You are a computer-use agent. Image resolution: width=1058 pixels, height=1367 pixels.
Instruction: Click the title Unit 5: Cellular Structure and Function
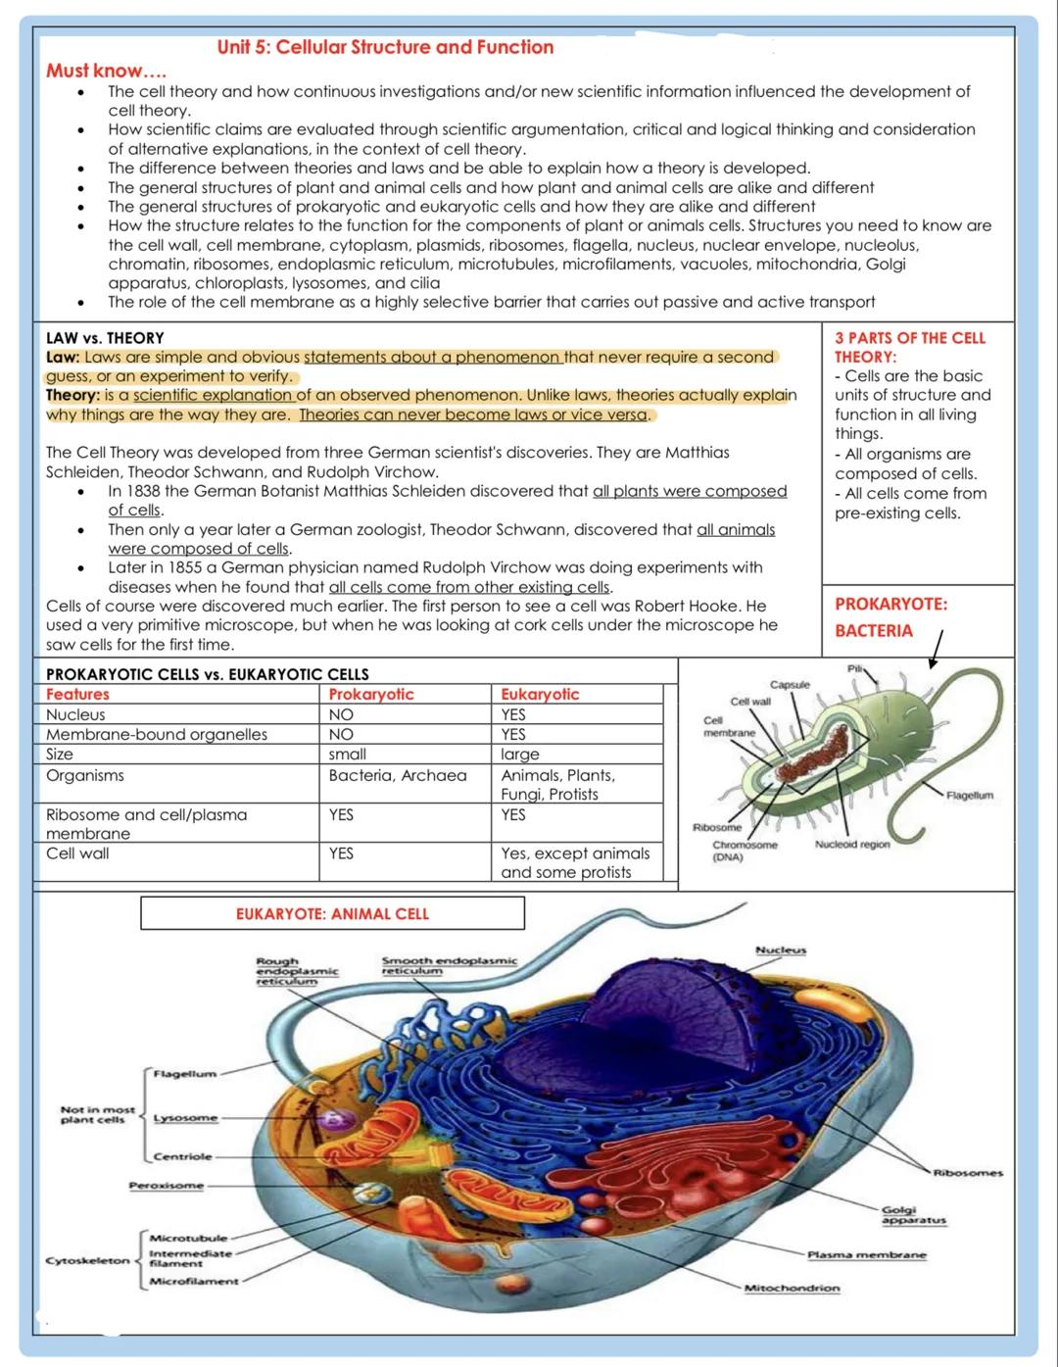pyautogui.click(x=385, y=47)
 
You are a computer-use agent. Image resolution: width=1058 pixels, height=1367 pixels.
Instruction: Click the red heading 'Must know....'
pyautogui.click(x=106, y=71)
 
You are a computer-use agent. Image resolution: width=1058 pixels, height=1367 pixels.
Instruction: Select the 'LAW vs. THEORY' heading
pyautogui.click(x=105, y=337)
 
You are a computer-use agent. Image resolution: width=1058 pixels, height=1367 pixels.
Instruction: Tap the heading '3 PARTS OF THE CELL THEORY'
pyautogui.click(x=909, y=347)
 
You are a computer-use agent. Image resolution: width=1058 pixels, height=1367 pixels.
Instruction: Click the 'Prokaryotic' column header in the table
pyautogui.click(x=371, y=694)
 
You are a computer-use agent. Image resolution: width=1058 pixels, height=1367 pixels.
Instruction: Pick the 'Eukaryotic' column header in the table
pyautogui.click(x=540, y=694)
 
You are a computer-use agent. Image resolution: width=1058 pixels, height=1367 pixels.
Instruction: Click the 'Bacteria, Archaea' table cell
pyautogui.click(x=398, y=775)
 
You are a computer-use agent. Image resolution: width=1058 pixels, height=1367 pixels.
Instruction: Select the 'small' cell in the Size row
pyautogui.click(x=348, y=754)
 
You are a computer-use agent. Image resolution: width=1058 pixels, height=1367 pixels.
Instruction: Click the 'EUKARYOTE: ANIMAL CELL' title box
pyautogui.click(x=332, y=913)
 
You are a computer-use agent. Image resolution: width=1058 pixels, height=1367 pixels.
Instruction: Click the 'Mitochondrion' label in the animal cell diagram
pyautogui.click(x=792, y=1288)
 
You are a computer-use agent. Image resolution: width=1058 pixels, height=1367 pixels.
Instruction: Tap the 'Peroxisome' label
pyautogui.click(x=167, y=1185)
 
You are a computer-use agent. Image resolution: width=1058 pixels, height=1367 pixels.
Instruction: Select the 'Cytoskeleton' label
pyautogui.click(x=87, y=1260)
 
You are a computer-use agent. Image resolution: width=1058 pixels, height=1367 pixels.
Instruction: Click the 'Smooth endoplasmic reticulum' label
pyautogui.click(x=449, y=964)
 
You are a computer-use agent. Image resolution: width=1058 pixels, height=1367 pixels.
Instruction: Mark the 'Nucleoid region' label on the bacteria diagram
pyautogui.click(x=851, y=844)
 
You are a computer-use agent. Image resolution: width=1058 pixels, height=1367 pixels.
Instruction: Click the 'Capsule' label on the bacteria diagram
pyautogui.click(x=790, y=684)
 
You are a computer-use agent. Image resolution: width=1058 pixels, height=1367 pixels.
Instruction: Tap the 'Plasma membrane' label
pyautogui.click(x=866, y=1254)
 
